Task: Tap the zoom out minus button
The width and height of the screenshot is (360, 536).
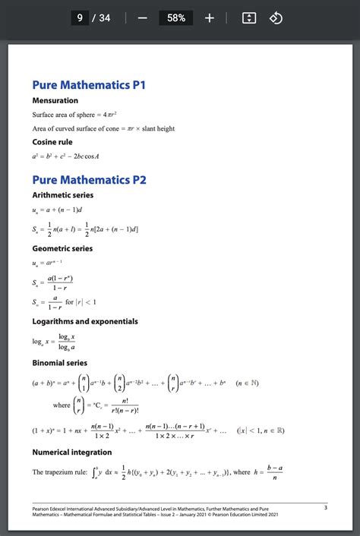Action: pyautogui.click(x=142, y=17)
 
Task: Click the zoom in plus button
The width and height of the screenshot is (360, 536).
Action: pyautogui.click(x=210, y=17)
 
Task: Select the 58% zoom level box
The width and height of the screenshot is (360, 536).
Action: pyautogui.click(x=176, y=17)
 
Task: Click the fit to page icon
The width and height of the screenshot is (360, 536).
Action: pyautogui.click(x=248, y=17)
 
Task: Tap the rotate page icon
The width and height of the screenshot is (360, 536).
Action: pyautogui.click(x=276, y=17)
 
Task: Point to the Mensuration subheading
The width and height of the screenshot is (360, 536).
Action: pyautogui.click(x=55, y=100)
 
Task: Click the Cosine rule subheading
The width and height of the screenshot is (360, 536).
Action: pyautogui.click(x=53, y=142)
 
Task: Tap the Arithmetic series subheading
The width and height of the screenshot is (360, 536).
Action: pyautogui.click(x=62, y=196)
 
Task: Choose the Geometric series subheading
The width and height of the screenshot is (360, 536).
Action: pyautogui.click(x=62, y=248)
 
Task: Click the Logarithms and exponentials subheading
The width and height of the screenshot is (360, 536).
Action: pyautogui.click(x=85, y=321)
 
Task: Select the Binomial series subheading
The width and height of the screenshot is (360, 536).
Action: pyautogui.click(x=59, y=363)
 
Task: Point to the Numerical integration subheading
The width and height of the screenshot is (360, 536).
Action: pyautogui.click(x=71, y=452)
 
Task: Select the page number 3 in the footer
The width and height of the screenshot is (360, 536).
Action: pyautogui.click(x=325, y=507)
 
